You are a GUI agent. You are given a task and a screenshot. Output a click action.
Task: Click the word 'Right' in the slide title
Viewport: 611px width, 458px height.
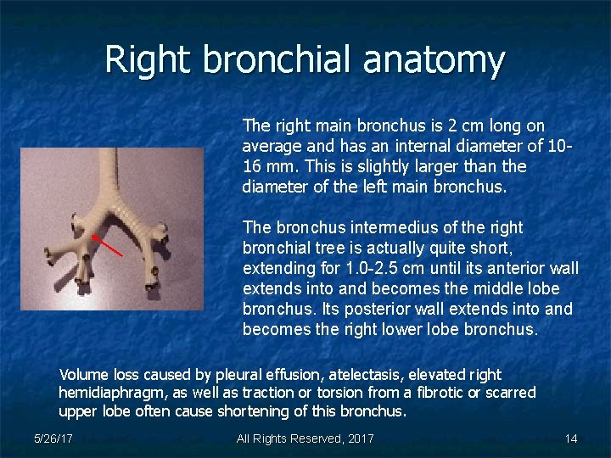(x=148, y=59)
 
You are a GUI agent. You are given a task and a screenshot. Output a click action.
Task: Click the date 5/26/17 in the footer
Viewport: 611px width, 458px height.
(x=53, y=438)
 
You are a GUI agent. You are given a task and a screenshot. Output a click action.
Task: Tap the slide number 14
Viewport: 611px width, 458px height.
(x=570, y=438)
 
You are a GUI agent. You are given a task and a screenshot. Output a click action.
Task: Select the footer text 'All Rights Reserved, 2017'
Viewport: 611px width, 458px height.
(x=305, y=438)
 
